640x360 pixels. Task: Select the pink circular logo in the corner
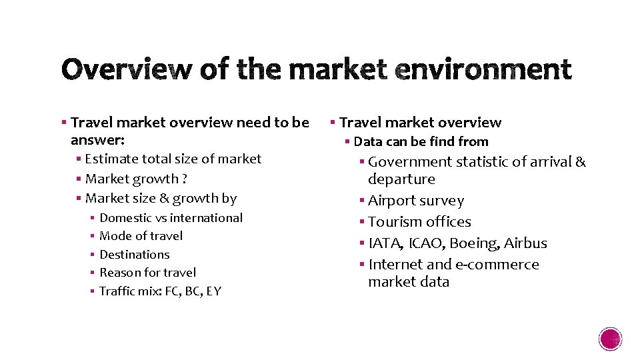611,339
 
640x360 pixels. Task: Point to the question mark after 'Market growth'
185,179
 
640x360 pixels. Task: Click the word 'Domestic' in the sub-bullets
125,218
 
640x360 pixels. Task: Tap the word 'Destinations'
134,255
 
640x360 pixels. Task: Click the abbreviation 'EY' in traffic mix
213,291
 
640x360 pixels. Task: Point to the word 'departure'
401,179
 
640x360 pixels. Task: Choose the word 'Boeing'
474,243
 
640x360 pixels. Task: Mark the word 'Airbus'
525,243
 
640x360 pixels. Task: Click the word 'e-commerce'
497,265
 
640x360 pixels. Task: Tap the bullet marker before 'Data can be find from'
347,141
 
